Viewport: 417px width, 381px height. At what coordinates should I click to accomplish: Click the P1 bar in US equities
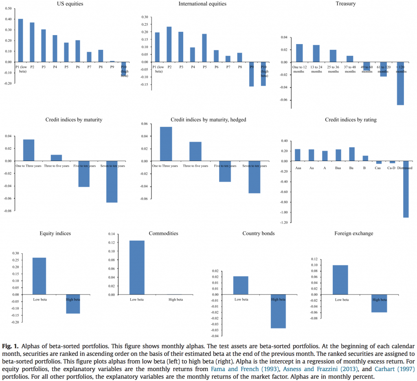pos(20,40)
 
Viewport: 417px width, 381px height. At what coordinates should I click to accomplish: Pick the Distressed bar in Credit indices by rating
pos(406,189)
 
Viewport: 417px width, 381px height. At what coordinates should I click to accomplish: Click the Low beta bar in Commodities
pos(137,267)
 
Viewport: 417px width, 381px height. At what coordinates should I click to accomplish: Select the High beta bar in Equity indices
pos(73,304)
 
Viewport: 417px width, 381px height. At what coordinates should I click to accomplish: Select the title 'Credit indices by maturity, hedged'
pos(208,120)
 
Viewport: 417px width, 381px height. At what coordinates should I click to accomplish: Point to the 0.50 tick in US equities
pos(9,9)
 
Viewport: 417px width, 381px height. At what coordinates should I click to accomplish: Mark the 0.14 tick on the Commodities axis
pos(110,234)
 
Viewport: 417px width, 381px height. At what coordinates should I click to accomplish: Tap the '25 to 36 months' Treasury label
pos(334,69)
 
